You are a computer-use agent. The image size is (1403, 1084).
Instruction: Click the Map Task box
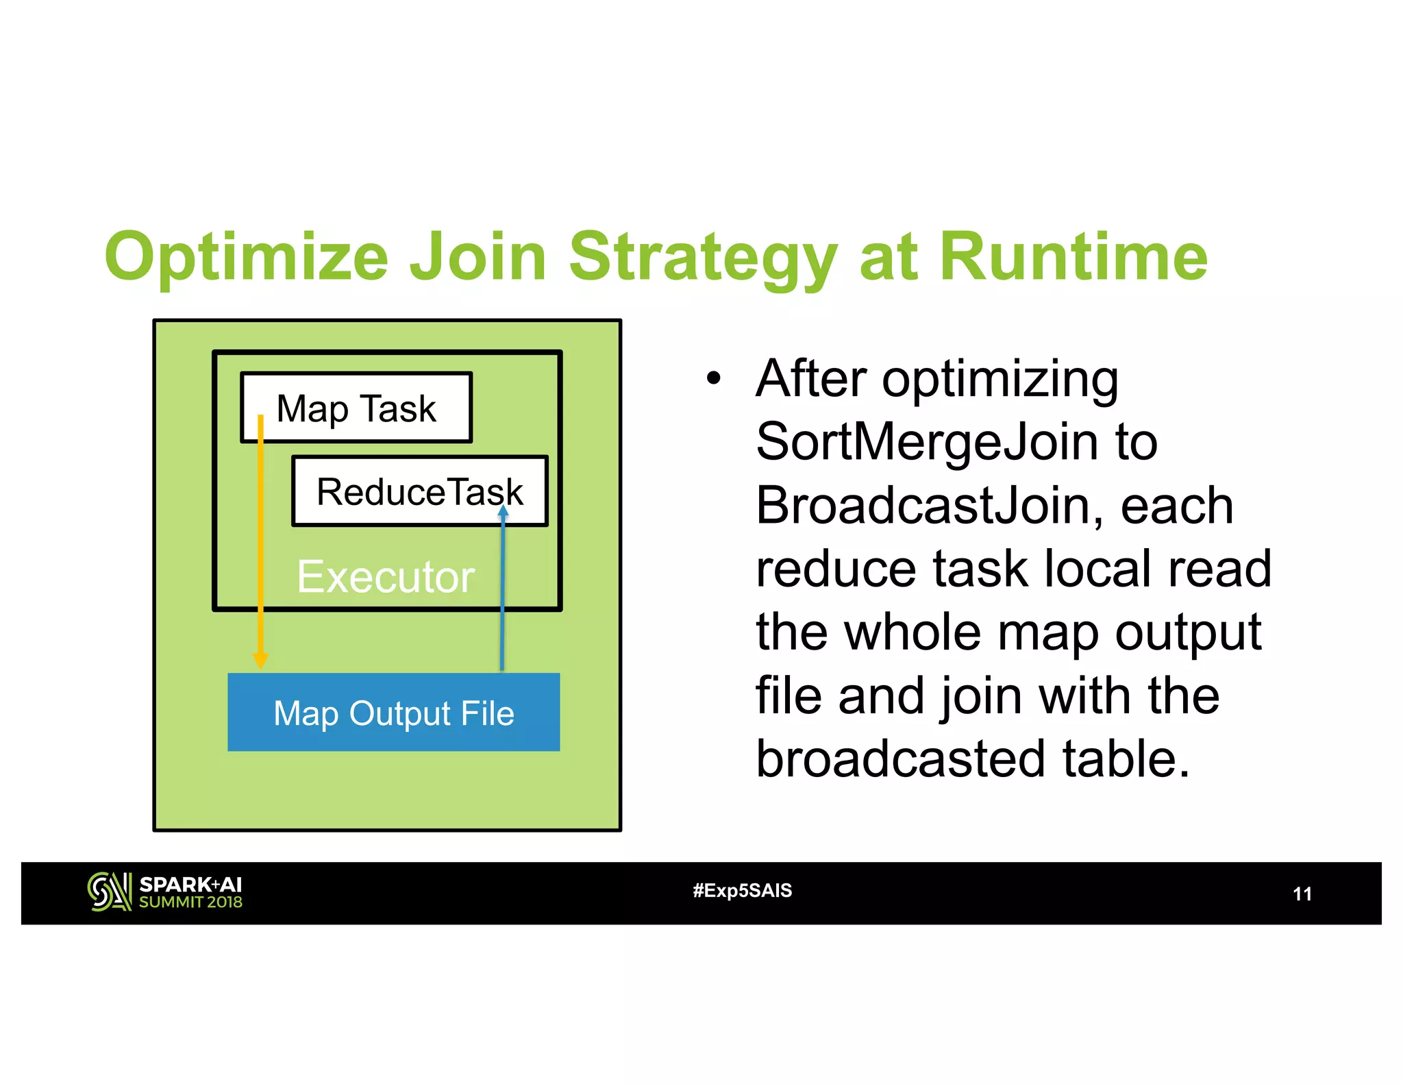356,408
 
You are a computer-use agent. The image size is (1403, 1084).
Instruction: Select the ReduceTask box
419,492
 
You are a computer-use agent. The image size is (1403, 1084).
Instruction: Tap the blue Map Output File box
393,713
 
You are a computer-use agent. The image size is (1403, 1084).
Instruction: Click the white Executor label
385,577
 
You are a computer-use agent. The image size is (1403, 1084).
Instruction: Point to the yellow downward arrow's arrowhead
260,660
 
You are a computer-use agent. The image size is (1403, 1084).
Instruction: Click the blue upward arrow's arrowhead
503,511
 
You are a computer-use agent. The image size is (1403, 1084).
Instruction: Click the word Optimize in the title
247,257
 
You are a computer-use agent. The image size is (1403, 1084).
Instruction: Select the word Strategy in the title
703,257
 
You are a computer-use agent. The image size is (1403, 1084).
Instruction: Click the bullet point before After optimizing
714,378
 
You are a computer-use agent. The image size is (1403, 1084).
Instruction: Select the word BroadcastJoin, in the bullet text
930,506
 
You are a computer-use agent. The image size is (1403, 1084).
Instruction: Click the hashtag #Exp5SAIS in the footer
742,891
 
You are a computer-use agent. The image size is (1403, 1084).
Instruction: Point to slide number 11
1302,894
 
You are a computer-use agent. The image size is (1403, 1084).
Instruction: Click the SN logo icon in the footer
109,891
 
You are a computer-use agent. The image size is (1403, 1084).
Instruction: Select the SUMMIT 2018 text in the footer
190,902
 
